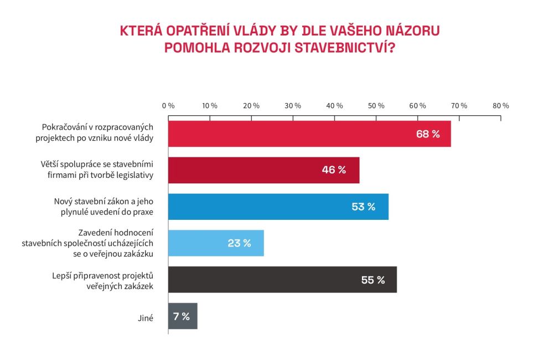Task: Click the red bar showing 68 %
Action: [309, 134]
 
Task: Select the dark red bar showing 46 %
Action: [263, 170]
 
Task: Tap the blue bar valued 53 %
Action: [278, 207]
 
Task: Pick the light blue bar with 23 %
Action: [215, 243]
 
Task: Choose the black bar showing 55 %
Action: [282, 280]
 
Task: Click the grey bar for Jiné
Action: [182, 316]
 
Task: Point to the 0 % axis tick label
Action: [168, 106]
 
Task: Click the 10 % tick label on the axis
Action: [210, 106]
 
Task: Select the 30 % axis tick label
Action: [293, 106]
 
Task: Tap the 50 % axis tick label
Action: [376, 106]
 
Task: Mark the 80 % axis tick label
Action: [501, 106]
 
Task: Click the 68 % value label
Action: [428, 134]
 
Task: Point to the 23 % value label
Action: [239, 243]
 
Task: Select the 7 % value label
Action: [181, 316]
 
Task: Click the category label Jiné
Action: [146, 317]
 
